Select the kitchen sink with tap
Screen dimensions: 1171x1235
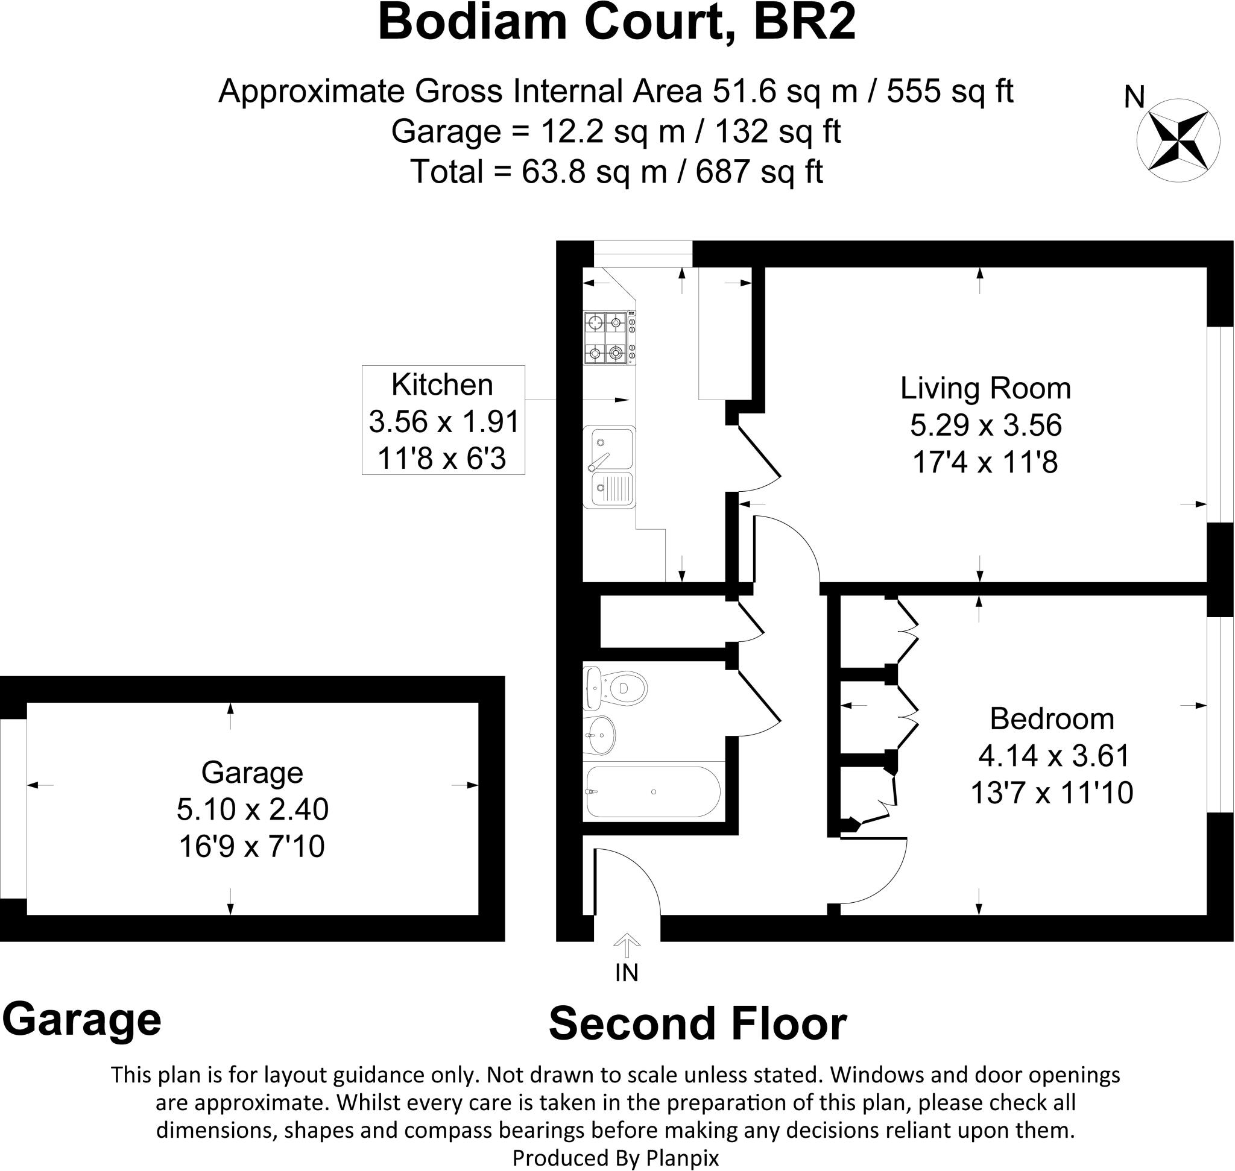click(x=609, y=466)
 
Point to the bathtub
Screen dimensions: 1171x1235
click(x=653, y=792)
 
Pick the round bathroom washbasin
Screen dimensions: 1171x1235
click(x=599, y=735)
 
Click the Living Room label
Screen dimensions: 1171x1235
click(x=985, y=388)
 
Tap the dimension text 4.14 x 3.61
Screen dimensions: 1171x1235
click(x=1053, y=756)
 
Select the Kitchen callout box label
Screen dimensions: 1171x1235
click(x=442, y=385)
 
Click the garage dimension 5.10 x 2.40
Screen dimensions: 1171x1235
click(x=253, y=809)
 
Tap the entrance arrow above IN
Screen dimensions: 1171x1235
click(x=627, y=945)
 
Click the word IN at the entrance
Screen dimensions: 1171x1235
click(x=627, y=973)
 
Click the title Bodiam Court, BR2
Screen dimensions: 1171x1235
click(x=616, y=22)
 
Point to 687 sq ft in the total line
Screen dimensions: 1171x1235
click(x=759, y=171)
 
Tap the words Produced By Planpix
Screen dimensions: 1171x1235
click(x=615, y=1158)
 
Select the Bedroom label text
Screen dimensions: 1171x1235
click(x=1052, y=719)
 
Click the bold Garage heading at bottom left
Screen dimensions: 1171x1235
click(x=82, y=1019)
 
